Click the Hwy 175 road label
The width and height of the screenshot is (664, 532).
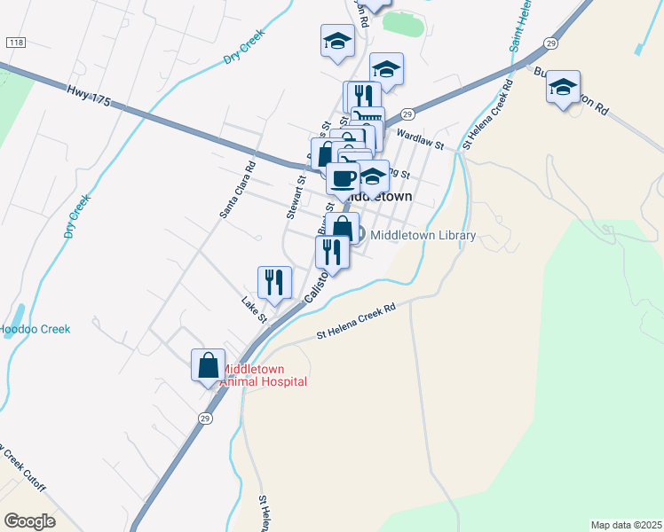pyautogui.click(x=89, y=96)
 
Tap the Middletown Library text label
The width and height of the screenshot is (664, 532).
pyautogui.click(x=423, y=236)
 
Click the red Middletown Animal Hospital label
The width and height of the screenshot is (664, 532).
pyautogui.click(x=263, y=375)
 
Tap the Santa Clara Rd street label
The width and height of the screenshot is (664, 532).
pyautogui.click(x=237, y=190)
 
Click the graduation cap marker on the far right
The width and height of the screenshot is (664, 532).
pyautogui.click(x=563, y=87)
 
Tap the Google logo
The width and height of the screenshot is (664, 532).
pyautogui.click(x=29, y=521)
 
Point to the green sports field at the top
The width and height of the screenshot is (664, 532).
pyautogui.click(x=404, y=24)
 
